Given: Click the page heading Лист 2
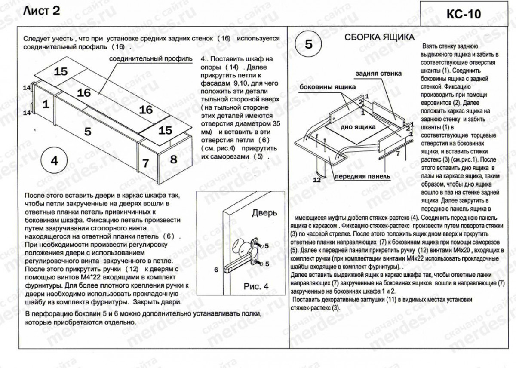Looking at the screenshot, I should [42, 11].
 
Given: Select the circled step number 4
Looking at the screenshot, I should [54, 161].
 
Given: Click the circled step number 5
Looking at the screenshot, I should [309, 44].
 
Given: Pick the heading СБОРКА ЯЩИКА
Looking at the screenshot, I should [380, 37].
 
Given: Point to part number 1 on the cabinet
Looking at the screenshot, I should [46, 104].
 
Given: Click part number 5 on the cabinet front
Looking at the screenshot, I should [88, 132].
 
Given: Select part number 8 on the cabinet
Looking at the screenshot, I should [173, 159].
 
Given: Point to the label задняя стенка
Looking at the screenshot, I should [378, 74].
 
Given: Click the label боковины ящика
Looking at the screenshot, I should [328, 87].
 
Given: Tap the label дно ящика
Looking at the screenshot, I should [358, 127].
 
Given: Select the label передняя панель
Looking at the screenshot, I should [362, 176].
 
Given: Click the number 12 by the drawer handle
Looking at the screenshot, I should [317, 180].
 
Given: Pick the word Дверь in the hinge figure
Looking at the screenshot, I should [264, 212].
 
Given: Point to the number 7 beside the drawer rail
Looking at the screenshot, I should [398, 153].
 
